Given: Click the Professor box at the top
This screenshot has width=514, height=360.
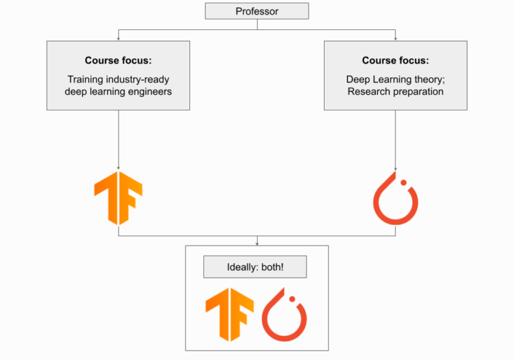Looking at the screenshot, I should [x=256, y=11].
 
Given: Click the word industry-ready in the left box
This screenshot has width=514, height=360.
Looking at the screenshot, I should [x=137, y=80].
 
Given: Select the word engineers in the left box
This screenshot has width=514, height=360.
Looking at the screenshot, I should [x=149, y=92].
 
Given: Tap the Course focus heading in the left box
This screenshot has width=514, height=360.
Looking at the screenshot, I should [x=118, y=61].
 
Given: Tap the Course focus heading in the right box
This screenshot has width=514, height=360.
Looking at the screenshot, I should [x=396, y=61].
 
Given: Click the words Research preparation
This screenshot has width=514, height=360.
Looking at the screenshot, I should [x=396, y=92].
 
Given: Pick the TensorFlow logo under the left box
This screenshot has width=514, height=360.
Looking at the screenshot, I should [x=118, y=197].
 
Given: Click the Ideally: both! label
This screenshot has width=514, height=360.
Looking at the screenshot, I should [x=255, y=268].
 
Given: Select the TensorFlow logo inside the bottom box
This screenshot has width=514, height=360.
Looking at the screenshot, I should [x=230, y=314].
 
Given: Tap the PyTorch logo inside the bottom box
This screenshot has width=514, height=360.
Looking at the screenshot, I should [x=284, y=314].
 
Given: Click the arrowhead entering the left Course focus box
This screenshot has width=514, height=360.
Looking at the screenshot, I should [x=118, y=39].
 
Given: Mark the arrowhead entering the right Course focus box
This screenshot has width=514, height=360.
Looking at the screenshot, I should [x=396, y=39].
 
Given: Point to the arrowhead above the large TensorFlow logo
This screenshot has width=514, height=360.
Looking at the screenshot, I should [x=118, y=167].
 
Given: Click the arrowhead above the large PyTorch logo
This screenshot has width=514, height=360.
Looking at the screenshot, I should [x=396, y=167].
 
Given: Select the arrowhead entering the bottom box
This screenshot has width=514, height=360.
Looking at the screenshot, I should [x=257, y=243].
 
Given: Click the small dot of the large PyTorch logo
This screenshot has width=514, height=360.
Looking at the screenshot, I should [x=404, y=181].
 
